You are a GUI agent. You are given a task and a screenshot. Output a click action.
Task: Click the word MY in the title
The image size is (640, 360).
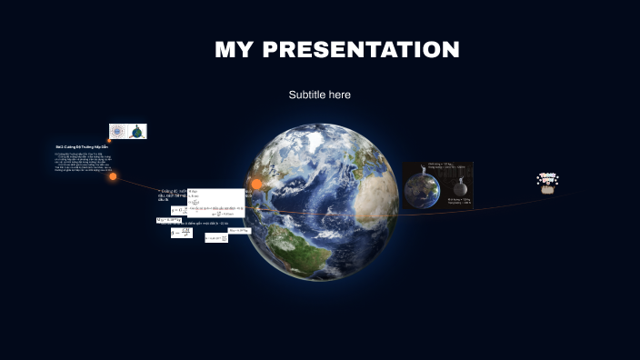click(x=235, y=50)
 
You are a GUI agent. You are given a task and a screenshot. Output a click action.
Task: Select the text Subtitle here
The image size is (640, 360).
click(x=320, y=95)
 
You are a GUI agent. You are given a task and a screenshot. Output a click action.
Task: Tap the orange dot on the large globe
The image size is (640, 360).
click(x=256, y=184)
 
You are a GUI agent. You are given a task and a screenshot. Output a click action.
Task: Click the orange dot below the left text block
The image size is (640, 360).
click(x=113, y=176)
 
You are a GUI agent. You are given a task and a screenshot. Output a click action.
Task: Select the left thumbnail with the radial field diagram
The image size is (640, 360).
click(x=118, y=132)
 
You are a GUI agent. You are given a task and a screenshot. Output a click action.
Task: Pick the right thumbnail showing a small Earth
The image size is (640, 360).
click(x=137, y=132)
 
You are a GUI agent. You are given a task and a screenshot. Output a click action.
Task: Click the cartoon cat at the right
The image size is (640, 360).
click(x=547, y=188)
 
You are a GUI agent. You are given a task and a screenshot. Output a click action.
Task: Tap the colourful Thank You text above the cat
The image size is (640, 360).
click(x=547, y=177)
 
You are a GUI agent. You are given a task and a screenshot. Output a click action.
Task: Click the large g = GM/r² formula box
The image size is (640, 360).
click(x=181, y=233)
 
